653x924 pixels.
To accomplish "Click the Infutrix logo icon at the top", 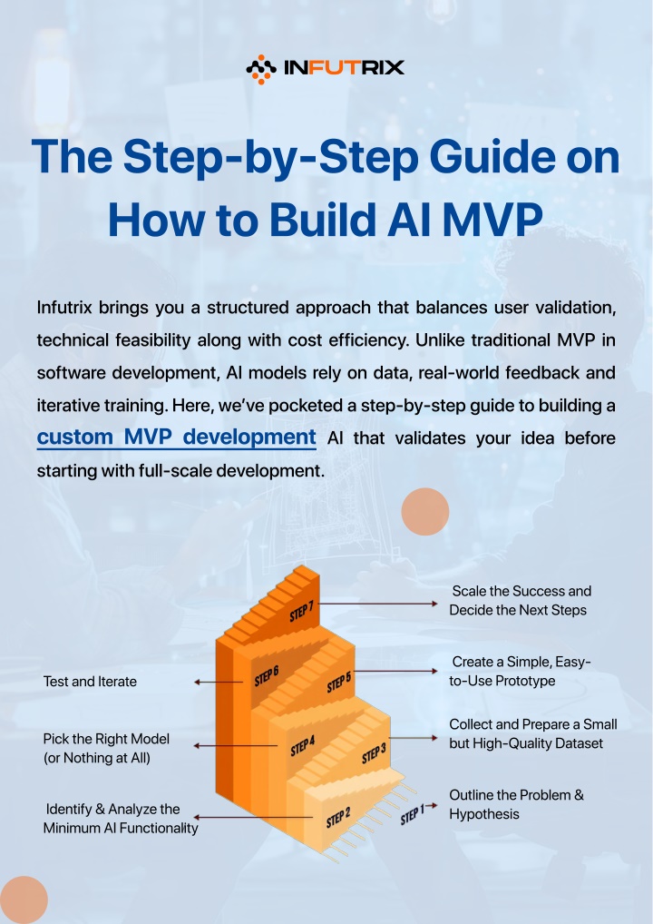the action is [261, 69].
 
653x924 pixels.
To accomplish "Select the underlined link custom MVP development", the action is [176, 437].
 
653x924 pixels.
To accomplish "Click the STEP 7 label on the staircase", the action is [301, 612].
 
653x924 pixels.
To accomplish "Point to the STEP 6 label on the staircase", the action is [266, 676].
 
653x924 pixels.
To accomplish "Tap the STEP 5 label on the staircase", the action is [338, 682].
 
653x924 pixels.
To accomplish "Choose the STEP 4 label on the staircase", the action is [303, 747].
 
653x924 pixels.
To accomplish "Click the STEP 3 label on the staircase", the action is [374, 752].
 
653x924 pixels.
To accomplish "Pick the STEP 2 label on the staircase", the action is [338, 817].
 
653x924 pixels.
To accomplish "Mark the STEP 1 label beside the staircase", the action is [412, 814].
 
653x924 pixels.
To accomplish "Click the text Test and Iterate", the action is [90, 682].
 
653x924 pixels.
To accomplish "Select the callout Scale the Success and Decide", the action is [520, 601].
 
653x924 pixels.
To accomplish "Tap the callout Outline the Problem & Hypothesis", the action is [516, 804].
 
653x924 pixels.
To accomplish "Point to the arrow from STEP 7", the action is [377, 604].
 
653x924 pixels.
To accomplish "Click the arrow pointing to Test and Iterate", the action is [219, 682].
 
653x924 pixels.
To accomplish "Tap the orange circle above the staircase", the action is [425, 512].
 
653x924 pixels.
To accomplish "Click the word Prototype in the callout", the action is [525, 681].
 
